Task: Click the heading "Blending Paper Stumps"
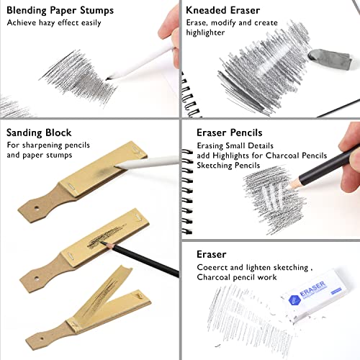[63, 10]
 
